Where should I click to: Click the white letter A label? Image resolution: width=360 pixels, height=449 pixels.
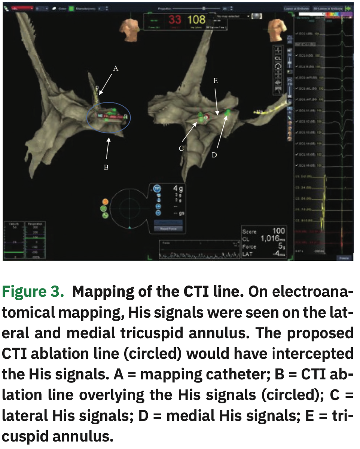[116, 68]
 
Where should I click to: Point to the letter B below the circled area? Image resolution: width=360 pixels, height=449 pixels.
[106, 167]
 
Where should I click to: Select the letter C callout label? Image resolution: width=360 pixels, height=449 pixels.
[181, 149]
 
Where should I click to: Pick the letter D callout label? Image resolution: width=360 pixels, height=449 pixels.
[214, 155]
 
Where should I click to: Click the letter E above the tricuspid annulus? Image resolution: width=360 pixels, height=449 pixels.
[216, 80]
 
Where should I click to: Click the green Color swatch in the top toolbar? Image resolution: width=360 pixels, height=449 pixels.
[71, 8]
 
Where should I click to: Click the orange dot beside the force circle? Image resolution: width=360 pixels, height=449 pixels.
[105, 201]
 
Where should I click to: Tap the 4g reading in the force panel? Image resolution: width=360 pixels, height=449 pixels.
[178, 189]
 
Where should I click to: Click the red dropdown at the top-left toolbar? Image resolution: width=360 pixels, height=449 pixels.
[22, 8]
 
